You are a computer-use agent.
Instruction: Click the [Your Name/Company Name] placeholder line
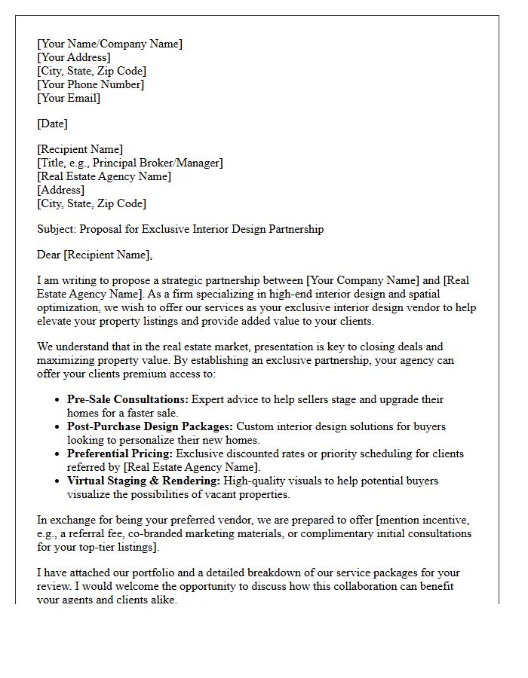coord(109,44)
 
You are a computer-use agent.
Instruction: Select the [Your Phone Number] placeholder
coord(91,84)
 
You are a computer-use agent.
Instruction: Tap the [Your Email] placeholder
coord(69,98)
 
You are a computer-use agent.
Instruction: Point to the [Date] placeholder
coord(52,124)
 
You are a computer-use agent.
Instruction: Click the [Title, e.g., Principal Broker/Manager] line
coord(130,163)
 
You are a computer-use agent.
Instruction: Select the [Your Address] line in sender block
coord(74,57)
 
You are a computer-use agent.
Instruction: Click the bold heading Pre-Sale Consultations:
coord(127,399)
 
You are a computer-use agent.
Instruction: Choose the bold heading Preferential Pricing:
coord(120,454)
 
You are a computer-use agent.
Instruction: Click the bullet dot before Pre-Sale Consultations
coord(58,400)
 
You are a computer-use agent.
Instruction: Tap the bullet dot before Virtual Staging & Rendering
coord(58,481)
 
